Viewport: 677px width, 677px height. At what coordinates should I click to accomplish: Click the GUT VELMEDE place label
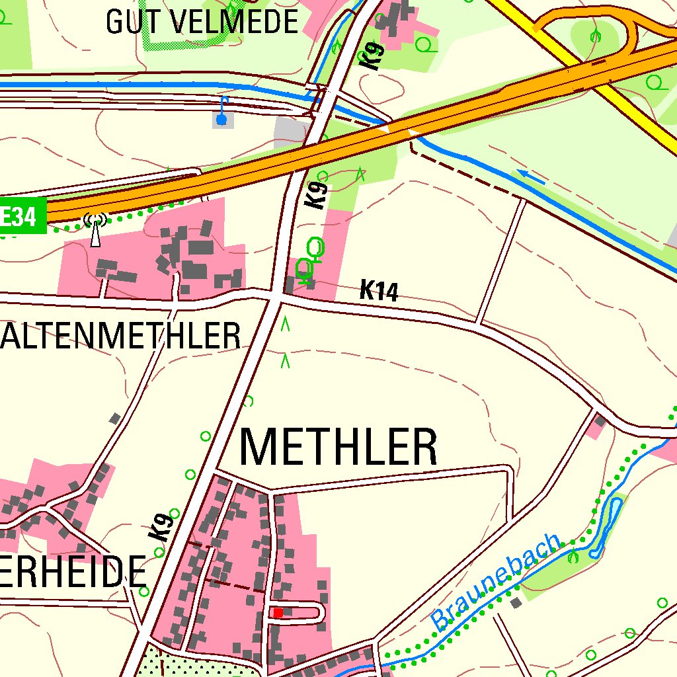[202, 22]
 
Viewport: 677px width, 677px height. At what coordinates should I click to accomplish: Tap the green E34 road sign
[21, 216]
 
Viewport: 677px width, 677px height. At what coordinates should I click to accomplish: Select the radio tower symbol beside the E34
[96, 229]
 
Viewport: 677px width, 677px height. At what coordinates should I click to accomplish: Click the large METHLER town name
[338, 448]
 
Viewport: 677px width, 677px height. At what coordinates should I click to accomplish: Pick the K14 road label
[379, 291]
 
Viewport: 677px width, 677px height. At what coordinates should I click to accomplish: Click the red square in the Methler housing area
[278, 613]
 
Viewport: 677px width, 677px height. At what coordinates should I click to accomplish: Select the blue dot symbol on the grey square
[221, 120]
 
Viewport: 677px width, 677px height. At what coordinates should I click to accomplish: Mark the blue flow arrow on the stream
[532, 176]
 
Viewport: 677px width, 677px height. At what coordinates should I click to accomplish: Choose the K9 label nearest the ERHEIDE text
[161, 528]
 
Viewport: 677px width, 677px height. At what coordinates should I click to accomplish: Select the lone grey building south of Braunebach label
[516, 602]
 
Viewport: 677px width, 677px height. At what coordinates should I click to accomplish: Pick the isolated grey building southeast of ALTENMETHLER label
[115, 418]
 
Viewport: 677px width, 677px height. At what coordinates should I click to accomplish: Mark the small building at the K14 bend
[600, 420]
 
